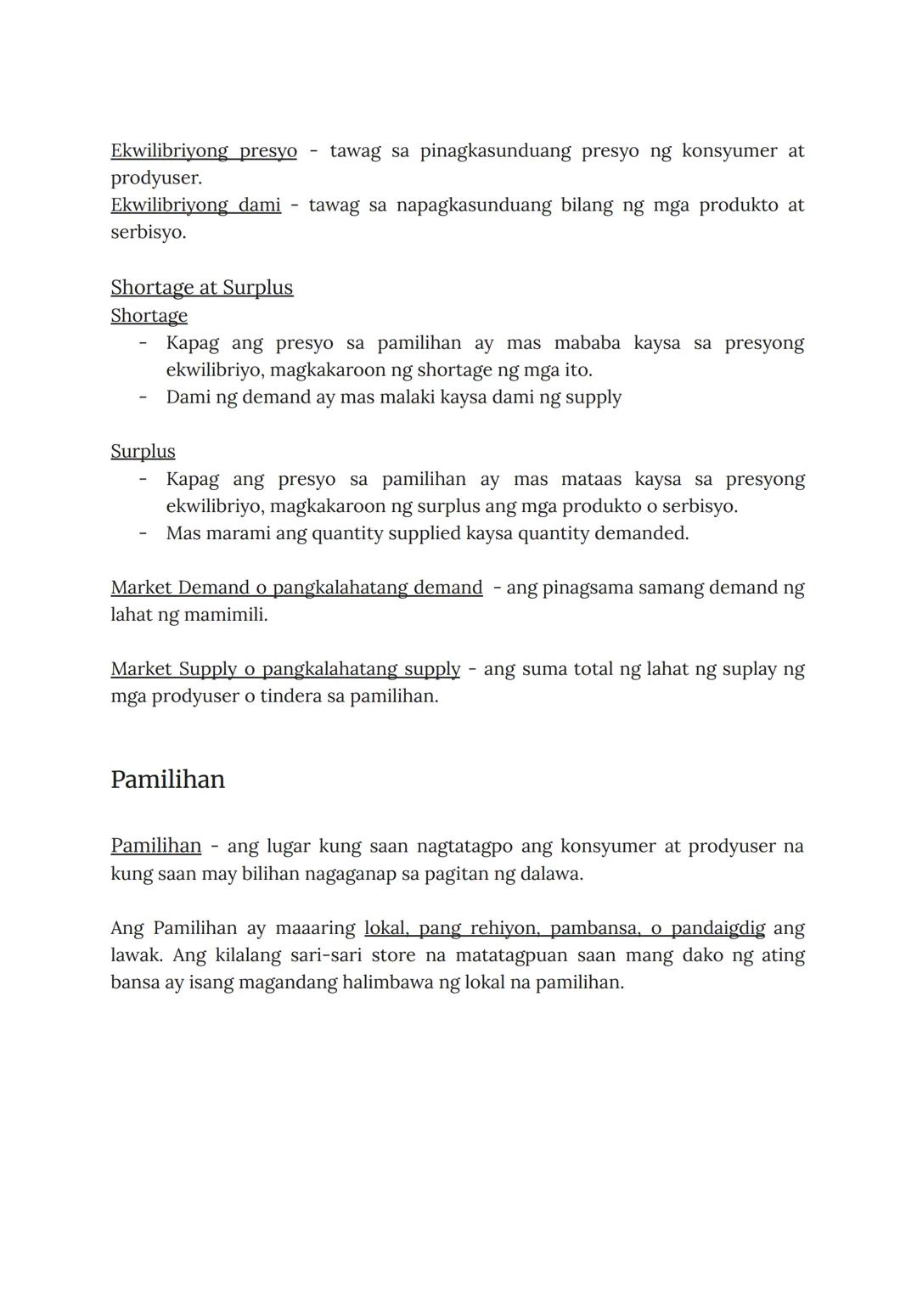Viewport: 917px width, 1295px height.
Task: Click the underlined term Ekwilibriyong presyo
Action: click(204, 151)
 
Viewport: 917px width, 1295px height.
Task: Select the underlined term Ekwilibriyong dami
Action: click(195, 206)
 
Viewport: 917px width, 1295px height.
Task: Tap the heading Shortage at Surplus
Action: click(201, 288)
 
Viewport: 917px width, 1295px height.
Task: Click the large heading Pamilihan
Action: click(167, 780)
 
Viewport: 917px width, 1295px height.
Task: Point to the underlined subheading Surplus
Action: click(143, 452)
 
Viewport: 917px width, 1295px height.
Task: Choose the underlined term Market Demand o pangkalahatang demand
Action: click(296, 588)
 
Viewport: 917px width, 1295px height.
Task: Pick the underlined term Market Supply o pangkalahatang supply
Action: click(285, 669)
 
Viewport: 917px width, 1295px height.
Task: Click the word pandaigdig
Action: click(717, 928)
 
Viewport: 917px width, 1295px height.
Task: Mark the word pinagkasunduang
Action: click(495, 151)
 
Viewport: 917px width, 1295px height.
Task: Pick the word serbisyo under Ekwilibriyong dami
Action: click(148, 233)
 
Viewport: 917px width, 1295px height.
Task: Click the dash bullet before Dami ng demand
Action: click(143, 397)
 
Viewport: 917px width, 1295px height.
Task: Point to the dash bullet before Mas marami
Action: click(143, 533)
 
